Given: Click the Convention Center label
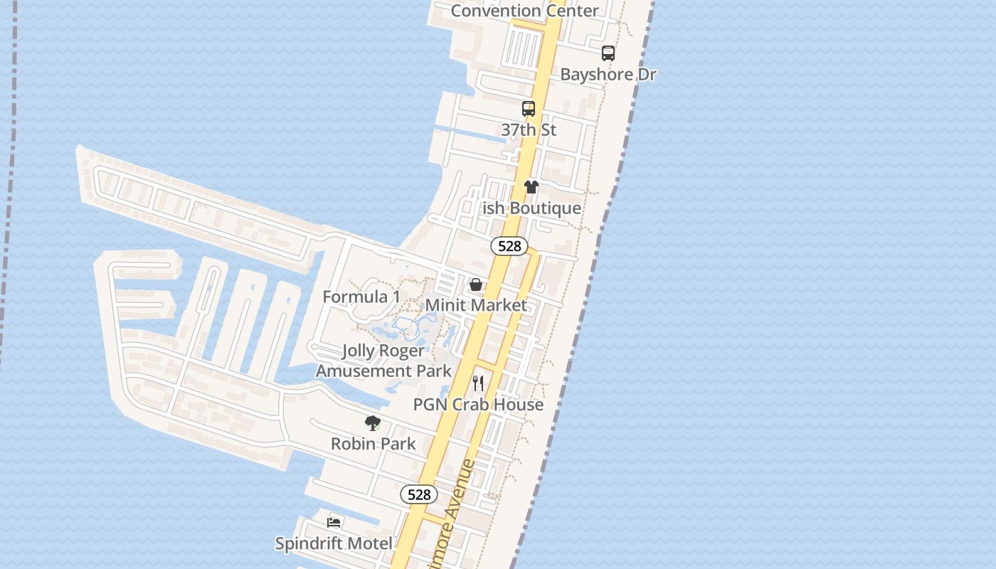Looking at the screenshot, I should point(525,11).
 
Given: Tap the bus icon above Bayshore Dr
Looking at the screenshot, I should point(608,53).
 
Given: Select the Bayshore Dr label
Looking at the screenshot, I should point(608,74).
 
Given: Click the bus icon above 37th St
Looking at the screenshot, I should point(529,109).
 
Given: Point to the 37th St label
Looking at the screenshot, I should point(529,130).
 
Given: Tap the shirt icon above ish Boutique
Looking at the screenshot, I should point(531,187).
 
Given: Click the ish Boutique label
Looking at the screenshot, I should point(531,208).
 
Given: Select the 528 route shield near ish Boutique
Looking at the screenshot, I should point(509,246).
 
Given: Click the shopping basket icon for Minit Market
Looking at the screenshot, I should point(476,284).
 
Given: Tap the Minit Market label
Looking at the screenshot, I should point(476,305).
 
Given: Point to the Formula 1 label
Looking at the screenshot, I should point(361,297).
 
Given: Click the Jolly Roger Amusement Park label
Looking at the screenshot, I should point(383,361).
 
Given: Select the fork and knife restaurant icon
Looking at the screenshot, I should point(478,383).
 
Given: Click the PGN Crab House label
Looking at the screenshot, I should point(478,405).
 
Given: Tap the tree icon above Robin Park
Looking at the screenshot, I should point(372,423).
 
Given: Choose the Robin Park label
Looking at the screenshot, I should point(373,444).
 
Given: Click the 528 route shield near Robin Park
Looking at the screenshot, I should point(419,494).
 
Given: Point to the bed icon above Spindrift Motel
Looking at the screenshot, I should point(334,523).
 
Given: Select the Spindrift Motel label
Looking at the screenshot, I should point(334,544).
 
